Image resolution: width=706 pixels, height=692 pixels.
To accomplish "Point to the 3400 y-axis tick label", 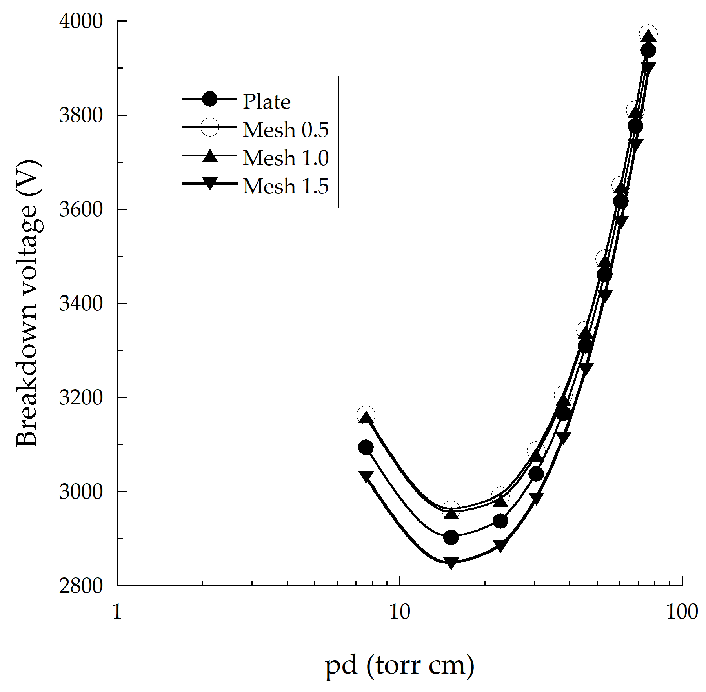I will pyautogui.click(x=81, y=303).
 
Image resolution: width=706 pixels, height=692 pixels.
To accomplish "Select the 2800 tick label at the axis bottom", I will pyautogui.click(x=81, y=586).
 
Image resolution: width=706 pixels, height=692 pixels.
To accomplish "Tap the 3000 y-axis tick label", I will pyautogui.click(x=81, y=492).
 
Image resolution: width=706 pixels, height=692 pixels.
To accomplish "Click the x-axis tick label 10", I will pyautogui.click(x=399, y=612).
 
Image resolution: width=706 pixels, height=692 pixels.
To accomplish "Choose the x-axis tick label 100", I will pyautogui.click(x=682, y=612).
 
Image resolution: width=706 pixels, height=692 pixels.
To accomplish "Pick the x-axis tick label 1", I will pyautogui.click(x=117, y=612).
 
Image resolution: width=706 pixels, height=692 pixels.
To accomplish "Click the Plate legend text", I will pyautogui.click(x=267, y=102).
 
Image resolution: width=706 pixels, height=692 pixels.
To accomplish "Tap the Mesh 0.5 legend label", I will pyautogui.click(x=286, y=130).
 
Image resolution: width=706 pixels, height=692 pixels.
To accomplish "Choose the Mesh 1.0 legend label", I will pyautogui.click(x=286, y=158).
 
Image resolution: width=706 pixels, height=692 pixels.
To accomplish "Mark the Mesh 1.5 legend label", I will pyautogui.click(x=286, y=186).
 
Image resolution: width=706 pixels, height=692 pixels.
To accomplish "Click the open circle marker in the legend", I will pyautogui.click(x=210, y=127).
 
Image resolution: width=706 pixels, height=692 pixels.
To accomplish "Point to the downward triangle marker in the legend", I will pyautogui.click(x=210, y=183).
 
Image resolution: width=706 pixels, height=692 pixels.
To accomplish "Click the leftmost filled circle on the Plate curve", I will pyautogui.click(x=366, y=447).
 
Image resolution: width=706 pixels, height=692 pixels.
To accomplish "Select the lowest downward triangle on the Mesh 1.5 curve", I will pyautogui.click(x=451, y=563).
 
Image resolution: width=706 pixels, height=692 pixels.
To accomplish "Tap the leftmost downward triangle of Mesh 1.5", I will pyautogui.click(x=366, y=476).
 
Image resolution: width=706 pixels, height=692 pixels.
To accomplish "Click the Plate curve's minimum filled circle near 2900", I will pyautogui.click(x=451, y=537).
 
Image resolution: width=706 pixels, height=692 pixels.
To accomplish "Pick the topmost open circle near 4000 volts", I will pyautogui.click(x=648, y=34).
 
